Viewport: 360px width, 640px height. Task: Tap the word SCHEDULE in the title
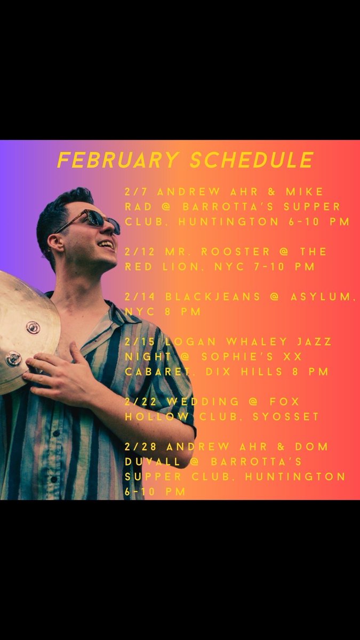(x=251, y=159)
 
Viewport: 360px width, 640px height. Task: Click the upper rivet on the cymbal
(x=33, y=327)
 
